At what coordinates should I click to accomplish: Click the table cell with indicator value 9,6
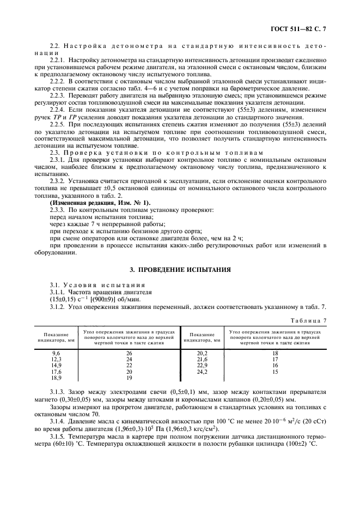click(56, 353)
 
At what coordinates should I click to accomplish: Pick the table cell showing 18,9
click(56, 377)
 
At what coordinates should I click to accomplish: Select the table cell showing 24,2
click(202, 371)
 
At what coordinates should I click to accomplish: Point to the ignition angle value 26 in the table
click(129, 353)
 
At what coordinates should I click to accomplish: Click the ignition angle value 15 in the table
click(275, 371)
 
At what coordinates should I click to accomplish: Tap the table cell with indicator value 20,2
click(202, 353)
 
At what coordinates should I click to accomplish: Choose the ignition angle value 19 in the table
click(129, 377)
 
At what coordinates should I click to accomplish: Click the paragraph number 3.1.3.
click(58, 391)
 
